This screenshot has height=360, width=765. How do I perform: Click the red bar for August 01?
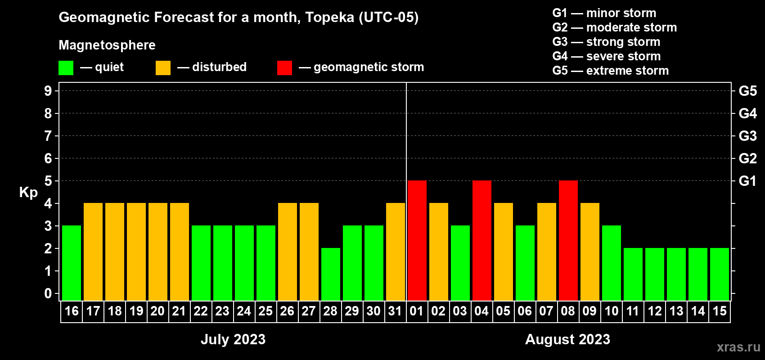417,240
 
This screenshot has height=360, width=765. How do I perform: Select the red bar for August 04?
482,240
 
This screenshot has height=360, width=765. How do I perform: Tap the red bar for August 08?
568,240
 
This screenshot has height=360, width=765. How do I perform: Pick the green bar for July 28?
331,274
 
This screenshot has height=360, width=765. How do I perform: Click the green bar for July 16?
72,263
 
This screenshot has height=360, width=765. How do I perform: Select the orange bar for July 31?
396,252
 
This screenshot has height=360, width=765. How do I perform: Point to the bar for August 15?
720,274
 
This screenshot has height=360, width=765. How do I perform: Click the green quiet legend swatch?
66,68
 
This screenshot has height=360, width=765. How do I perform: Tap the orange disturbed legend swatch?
163,68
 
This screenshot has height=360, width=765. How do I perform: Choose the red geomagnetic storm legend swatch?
284,68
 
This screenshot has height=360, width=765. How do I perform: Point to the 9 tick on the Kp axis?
48,91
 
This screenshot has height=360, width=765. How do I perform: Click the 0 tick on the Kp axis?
48,293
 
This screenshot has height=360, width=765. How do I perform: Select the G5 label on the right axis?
747,91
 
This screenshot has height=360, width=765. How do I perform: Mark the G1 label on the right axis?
747,181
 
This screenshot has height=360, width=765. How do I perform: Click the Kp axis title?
28,193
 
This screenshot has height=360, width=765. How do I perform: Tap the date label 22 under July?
201,311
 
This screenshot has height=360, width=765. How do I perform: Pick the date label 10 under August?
611,311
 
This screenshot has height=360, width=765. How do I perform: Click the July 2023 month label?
233,339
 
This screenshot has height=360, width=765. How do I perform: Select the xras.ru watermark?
738,347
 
